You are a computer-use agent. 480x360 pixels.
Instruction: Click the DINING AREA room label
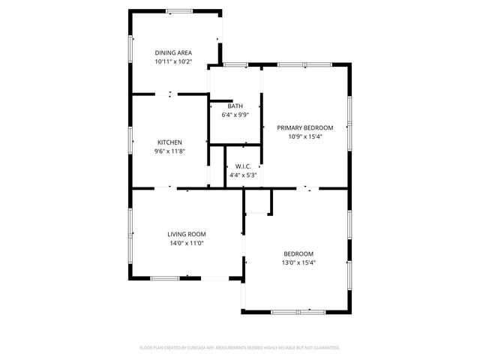(x=173, y=52)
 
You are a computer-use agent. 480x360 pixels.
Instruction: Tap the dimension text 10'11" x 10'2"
(x=173, y=61)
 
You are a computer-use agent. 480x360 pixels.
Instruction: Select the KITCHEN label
(x=169, y=142)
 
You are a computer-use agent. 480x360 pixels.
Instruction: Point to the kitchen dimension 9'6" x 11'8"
(x=169, y=151)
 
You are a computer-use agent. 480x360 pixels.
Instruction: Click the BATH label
(x=235, y=106)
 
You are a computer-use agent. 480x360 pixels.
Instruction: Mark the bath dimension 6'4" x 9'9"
(x=235, y=115)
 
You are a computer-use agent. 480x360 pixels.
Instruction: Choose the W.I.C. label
(x=243, y=166)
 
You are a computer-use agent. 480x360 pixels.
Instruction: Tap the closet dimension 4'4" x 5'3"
(x=243, y=175)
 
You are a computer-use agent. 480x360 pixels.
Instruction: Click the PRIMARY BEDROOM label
(x=305, y=127)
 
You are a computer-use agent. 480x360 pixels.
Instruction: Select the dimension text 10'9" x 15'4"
(x=305, y=136)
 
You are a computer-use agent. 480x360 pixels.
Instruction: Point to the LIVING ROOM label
(x=186, y=234)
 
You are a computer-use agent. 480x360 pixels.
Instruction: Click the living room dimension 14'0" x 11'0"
(x=186, y=243)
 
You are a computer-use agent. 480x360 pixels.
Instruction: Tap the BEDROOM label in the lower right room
(x=298, y=253)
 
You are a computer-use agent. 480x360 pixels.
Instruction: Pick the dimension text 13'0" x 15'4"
(x=298, y=262)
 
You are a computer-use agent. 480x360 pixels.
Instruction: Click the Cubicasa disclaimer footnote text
(x=240, y=348)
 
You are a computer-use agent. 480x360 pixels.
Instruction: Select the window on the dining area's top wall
(x=178, y=10)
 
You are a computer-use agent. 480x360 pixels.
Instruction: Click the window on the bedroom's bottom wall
(x=297, y=310)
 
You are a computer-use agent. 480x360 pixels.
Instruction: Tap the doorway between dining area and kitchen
(x=169, y=94)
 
